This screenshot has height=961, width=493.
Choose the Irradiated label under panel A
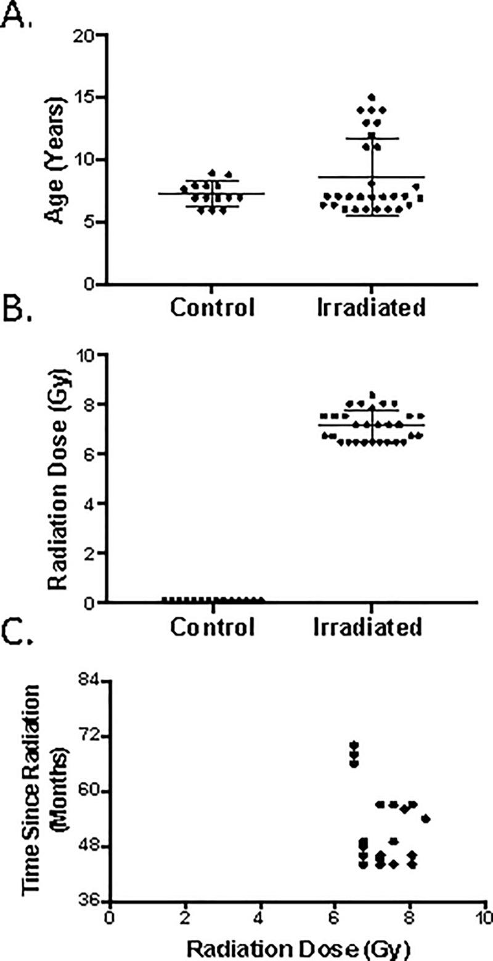pos(370,307)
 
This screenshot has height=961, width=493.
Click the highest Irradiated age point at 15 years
pos(372,97)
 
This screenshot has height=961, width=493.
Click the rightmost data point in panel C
pos(425,819)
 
